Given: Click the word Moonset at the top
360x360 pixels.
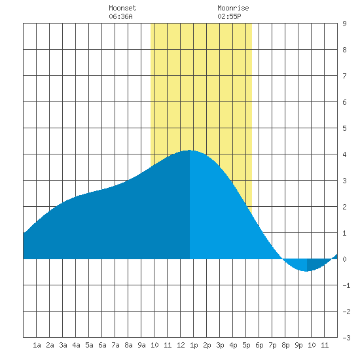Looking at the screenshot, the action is coord(122,8).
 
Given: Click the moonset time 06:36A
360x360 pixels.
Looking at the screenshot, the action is coord(120,16).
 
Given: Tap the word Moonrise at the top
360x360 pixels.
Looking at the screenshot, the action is coord(233,8).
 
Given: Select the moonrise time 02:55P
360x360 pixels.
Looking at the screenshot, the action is coord(229,16).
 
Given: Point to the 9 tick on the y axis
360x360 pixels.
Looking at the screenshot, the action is coord(344,24).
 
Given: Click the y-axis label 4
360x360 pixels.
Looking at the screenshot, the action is coord(344,154).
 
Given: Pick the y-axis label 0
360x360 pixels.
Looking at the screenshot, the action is coord(344,259).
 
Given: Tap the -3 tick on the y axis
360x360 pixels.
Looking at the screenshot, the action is coord(346,338).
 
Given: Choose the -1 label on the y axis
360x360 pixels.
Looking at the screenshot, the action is coord(346,285).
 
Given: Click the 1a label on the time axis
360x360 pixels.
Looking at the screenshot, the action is coord(37,345).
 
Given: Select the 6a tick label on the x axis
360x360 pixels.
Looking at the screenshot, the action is coord(102,345).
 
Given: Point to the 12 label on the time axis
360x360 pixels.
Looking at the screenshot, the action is coord(181,345).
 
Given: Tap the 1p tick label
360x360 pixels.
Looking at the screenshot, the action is coord(194,345).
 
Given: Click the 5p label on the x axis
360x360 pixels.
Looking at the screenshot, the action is coord(246,345).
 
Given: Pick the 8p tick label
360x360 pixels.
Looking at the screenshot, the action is coord(285,345).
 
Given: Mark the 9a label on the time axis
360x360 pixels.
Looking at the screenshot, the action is coord(141,345).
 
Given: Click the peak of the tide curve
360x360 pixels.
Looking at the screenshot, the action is coord(189,150).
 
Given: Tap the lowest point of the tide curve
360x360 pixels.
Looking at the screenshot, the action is coord(307,272).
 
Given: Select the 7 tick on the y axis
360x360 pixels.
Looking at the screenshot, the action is coord(344,76).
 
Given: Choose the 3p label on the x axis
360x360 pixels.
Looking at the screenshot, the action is coord(220,345).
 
